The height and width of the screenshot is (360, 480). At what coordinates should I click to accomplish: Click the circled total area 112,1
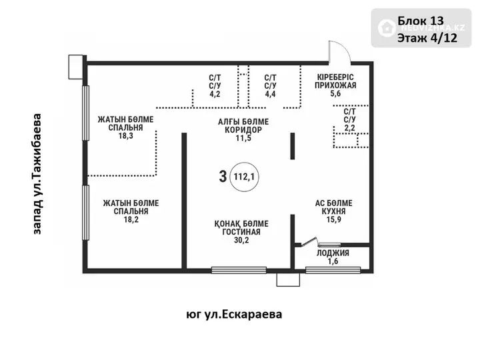pos(244,177)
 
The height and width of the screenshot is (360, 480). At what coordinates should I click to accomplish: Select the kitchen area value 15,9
pos(334,219)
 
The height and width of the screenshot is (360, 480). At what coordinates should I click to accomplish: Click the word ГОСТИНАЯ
pos(241,232)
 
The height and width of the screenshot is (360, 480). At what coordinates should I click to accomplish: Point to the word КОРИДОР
pos(243,130)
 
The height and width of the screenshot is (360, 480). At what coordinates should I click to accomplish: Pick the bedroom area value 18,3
pos(126,135)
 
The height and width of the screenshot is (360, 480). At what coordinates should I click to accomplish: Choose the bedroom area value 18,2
pos(131,219)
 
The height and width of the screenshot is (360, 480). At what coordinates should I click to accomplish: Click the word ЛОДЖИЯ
pos(333,253)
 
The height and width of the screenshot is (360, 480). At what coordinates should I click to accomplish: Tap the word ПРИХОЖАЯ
pos(335,85)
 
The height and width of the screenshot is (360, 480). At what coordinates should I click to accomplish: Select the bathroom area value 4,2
pos(215,94)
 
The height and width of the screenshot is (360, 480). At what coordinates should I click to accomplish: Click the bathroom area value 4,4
pos(270,94)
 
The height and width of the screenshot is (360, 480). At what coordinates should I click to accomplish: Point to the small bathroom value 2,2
pos(349,127)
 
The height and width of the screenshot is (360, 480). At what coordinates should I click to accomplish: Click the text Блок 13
pos(420,21)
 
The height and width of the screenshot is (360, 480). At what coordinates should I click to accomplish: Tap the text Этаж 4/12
pos(427,38)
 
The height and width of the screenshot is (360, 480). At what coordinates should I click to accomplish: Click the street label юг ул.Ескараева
pos(234,315)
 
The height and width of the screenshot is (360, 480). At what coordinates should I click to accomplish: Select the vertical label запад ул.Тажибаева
pos(37,174)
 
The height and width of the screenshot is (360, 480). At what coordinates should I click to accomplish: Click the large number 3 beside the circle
pos(223,177)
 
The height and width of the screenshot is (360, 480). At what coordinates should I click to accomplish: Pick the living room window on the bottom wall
pos(239,270)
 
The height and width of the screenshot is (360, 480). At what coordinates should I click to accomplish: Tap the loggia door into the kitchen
pos(309,242)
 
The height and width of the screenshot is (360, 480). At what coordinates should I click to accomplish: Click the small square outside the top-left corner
pos(75,67)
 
